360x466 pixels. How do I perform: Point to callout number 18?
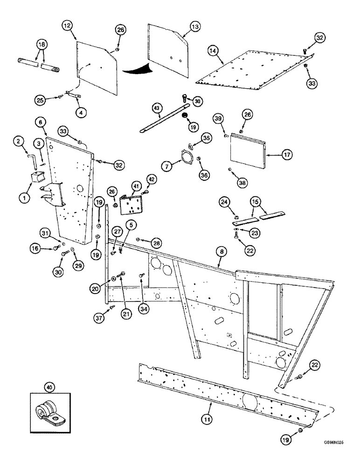42,44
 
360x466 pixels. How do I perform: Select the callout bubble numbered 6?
41,122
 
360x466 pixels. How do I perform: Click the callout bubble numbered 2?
18,141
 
